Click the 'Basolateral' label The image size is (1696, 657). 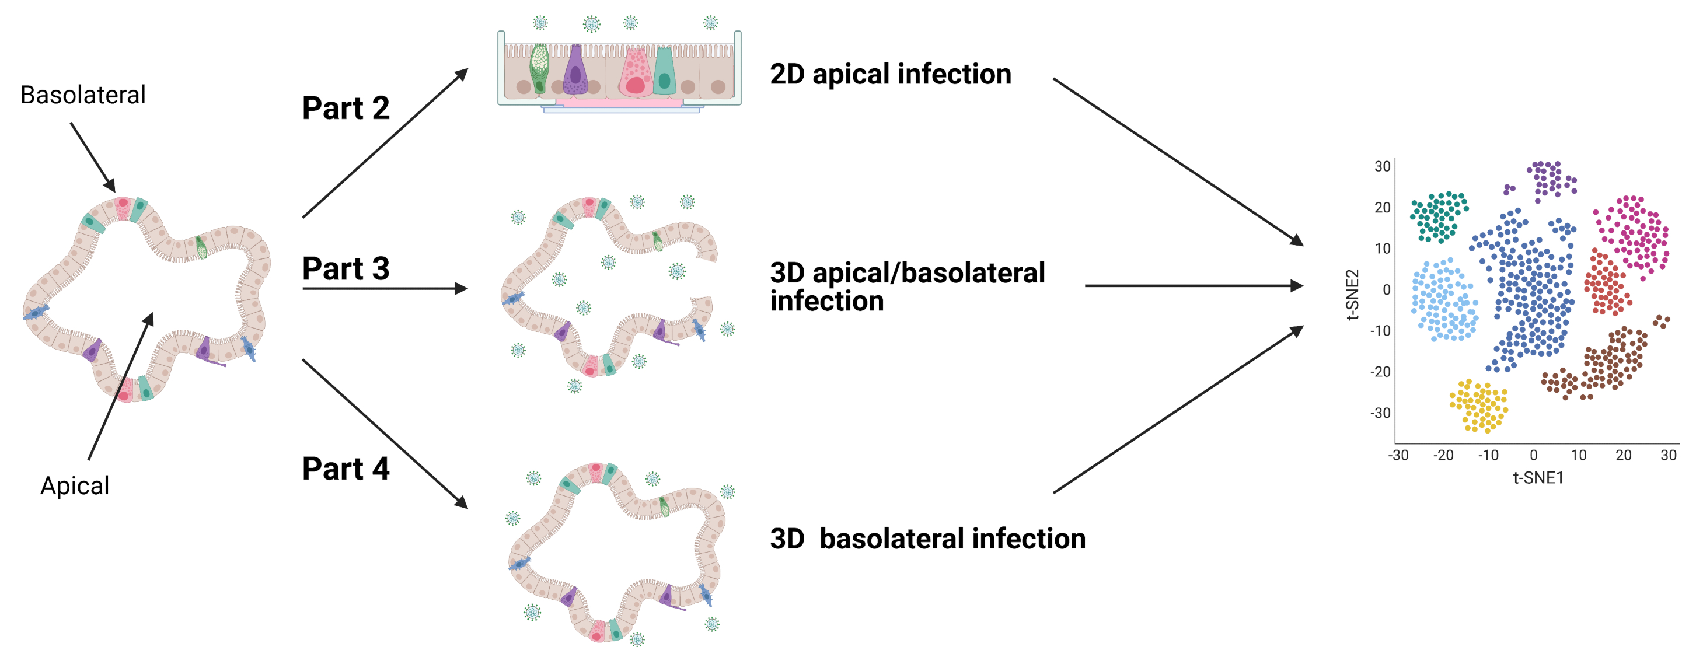(x=83, y=95)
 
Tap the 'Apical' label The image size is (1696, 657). (x=74, y=486)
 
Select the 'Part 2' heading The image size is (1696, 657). (x=346, y=108)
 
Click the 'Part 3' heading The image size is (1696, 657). (x=346, y=268)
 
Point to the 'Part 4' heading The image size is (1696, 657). (x=346, y=469)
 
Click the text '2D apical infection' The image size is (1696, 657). (x=890, y=74)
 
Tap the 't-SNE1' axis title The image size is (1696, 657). (x=1538, y=477)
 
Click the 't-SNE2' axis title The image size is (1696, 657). (x=1352, y=294)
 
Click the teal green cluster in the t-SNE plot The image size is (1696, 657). (x=1439, y=216)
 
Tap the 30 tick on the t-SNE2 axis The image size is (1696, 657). (x=1382, y=166)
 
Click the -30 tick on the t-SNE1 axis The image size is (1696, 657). (x=1398, y=455)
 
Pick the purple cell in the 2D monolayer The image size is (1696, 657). (x=576, y=71)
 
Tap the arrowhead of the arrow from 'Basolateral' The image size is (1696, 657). (x=111, y=187)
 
